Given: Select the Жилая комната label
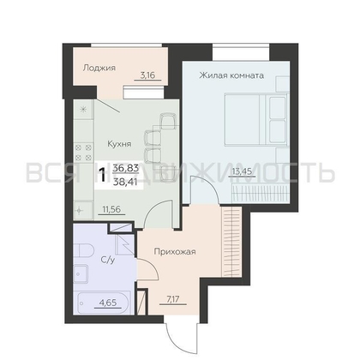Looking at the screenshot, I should pyautogui.click(x=231, y=75).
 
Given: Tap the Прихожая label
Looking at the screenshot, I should pyautogui.click(x=177, y=252).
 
